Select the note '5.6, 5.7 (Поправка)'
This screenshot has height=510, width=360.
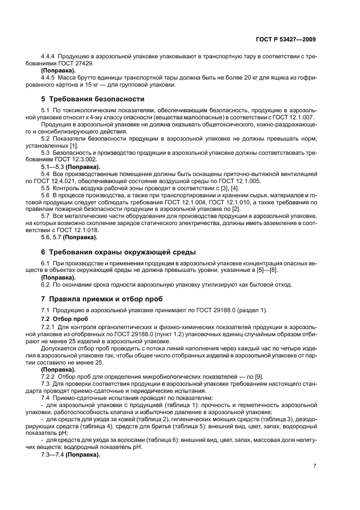pos(69,237)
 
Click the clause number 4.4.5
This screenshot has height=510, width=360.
pos(48,77)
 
